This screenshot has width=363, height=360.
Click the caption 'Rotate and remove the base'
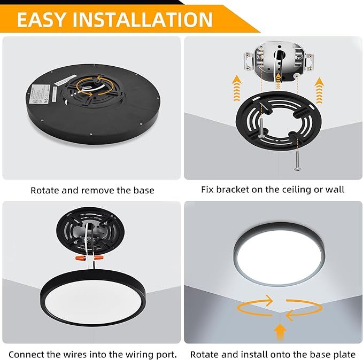tap(92, 190)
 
